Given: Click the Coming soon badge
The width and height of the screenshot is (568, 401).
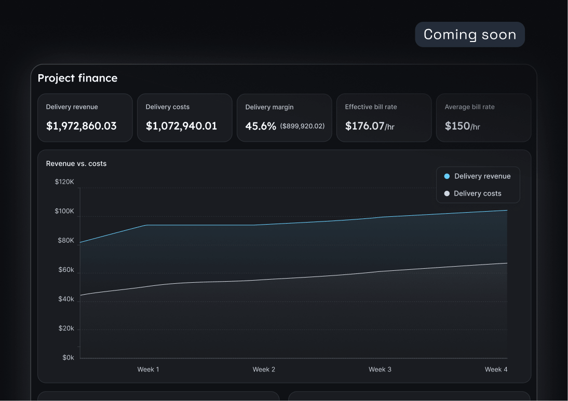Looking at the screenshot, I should [x=470, y=35].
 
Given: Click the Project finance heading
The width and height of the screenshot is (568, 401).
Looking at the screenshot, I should [x=77, y=78].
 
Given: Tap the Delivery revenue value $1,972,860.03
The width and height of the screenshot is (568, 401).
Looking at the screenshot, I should [x=82, y=126].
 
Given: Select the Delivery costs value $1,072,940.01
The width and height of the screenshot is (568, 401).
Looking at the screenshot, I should [x=181, y=126].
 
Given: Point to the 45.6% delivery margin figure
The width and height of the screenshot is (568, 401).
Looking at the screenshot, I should [x=261, y=126].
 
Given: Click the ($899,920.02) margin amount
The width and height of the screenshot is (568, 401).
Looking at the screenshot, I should [x=302, y=126].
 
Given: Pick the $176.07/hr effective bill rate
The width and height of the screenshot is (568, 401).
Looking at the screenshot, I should [x=370, y=126].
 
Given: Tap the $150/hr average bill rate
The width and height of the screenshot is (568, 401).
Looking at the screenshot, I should [x=462, y=126].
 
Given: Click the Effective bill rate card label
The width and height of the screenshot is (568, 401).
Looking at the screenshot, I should [x=371, y=107].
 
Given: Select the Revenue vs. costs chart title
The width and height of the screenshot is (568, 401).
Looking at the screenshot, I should [x=76, y=163].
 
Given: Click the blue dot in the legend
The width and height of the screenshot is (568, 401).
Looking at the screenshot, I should [x=447, y=176].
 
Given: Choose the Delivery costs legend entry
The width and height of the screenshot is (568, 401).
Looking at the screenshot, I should [x=477, y=193].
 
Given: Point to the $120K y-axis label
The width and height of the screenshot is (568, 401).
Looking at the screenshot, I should [x=64, y=182].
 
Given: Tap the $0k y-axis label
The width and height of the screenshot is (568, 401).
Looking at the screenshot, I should [x=68, y=358].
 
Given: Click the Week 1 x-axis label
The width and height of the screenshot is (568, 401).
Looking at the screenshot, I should [x=148, y=369].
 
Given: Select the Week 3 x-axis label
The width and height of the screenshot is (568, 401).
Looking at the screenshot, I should [x=380, y=369].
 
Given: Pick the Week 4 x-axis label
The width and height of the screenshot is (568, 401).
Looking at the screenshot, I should [x=496, y=369].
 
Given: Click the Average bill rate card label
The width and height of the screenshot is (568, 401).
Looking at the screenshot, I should [x=469, y=107].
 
